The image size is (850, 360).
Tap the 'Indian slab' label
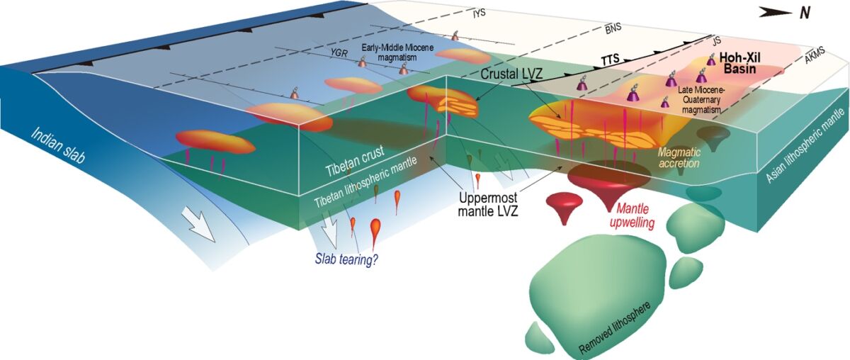point(58,146)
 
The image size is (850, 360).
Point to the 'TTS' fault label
point(610,59)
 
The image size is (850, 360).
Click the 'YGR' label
point(339,53)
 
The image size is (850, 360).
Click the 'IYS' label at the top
point(480,14)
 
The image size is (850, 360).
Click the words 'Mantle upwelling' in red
point(632,215)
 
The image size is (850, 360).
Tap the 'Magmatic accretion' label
point(679,157)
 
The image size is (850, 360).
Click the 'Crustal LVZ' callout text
point(511,74)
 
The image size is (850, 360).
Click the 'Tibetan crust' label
point(355,161)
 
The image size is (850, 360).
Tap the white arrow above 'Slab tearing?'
point(329,232)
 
